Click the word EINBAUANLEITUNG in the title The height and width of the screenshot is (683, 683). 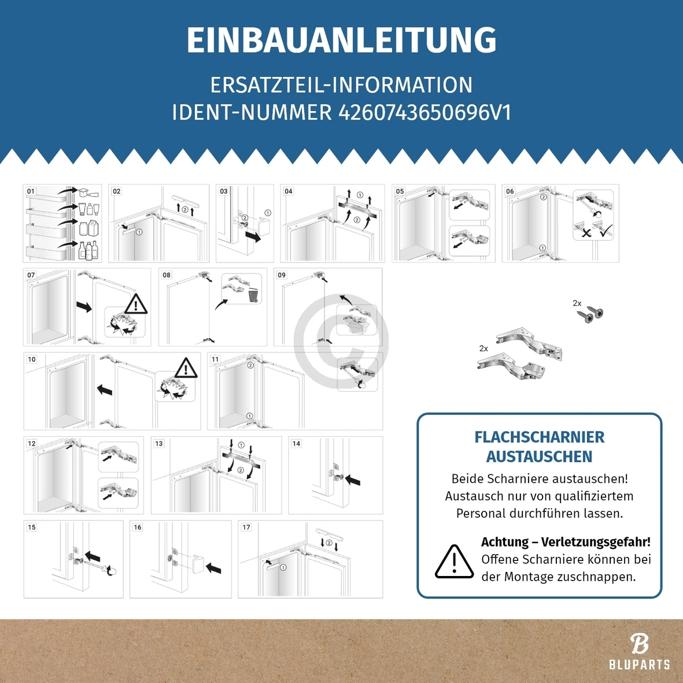point(341,40)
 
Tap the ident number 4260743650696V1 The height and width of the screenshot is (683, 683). point(424,112)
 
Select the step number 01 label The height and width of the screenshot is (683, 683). point(31,191)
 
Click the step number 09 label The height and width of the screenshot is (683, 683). point(282,275)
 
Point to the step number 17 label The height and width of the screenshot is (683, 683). point(246,527)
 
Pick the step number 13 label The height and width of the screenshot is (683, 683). point(158,444)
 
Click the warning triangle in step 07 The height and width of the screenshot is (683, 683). point(136,304)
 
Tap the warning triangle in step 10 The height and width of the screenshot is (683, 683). point(186,368)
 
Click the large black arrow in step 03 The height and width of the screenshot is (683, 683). point(253,236)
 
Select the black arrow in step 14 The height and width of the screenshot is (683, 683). point(353,480)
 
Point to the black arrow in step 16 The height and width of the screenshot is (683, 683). point(213,568)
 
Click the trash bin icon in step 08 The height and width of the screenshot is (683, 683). point(253,296)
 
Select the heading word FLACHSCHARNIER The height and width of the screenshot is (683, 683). point(539,437)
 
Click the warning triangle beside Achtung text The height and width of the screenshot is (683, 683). point(455,562)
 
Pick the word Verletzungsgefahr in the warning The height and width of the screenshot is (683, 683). point(596,542)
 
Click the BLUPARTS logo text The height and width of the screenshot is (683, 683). point(640,664)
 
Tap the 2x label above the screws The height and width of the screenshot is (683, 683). point(577,303)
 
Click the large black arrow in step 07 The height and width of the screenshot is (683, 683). point(84,306)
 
